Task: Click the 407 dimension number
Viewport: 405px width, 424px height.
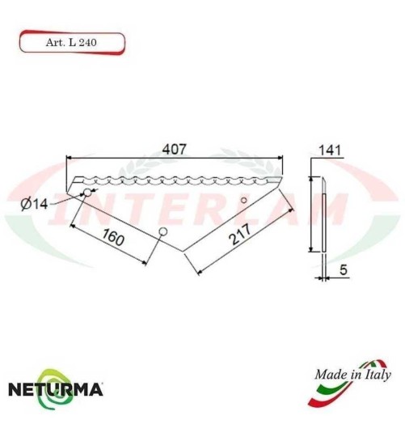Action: click(x=175, y=150)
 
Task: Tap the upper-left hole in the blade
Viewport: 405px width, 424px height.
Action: click(x=86, y=192)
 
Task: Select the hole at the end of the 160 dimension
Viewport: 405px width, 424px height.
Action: click(x=162, y=232)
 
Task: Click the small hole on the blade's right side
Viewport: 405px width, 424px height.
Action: click(x=244, y=201)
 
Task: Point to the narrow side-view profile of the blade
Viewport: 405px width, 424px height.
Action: click(x=322, y=214)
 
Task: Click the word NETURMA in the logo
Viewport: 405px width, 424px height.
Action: click(x=55, y=389)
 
